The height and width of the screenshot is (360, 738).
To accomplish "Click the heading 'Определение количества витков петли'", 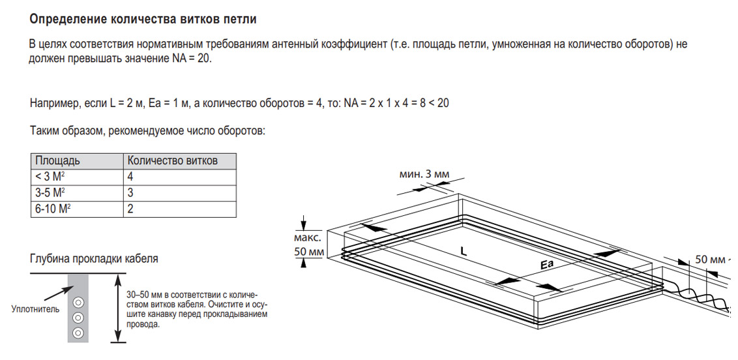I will point(143,19).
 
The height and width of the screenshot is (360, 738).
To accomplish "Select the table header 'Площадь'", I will point(58,160).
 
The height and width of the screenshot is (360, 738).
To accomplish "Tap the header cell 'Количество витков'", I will point(173,160).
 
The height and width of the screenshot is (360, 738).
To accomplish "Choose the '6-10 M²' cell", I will point(52,209).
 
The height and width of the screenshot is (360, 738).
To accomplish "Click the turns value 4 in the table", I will point(131,177).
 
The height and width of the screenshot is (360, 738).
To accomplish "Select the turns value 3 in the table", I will point(131,193).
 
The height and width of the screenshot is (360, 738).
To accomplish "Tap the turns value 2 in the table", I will point(131,209).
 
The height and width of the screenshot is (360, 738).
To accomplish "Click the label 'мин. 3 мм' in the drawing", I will point(424,174).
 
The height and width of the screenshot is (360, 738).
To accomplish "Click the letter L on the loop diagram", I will point(463,250).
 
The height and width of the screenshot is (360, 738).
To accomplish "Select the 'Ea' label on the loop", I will point(546,265).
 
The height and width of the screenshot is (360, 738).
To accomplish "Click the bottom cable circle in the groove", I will point(78,333).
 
